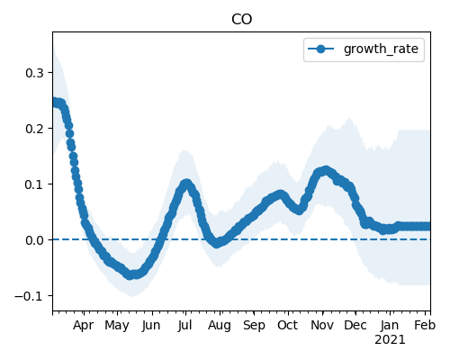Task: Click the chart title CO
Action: (x=241, y=20)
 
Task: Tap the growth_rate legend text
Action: (x=381, y=49)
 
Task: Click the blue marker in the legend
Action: (x=320, y=49)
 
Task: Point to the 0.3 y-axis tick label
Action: (x=35, y=73)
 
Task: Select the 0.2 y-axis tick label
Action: (x=35, y=129)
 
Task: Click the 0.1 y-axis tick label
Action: (x=35, y=184)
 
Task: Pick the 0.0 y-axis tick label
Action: (x=35, y=240)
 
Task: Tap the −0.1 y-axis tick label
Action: (x=30, y=296)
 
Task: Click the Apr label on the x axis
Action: (x=83, y=326)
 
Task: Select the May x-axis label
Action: (x=117, y=326)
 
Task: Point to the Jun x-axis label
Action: (x=151, y=325)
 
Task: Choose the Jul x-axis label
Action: (x=184, y=325)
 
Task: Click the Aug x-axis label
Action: (x=220, y=326)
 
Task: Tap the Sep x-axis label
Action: (x=254, y=326)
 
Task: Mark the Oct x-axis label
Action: (x=288, y=325)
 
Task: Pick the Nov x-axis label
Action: (x=322, y=325)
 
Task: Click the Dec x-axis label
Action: (x=355, y=325)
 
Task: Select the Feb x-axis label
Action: (x=425, y=325)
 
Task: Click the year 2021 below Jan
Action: (x=390, y=340)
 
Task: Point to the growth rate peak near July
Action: (x=186, y=184)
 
